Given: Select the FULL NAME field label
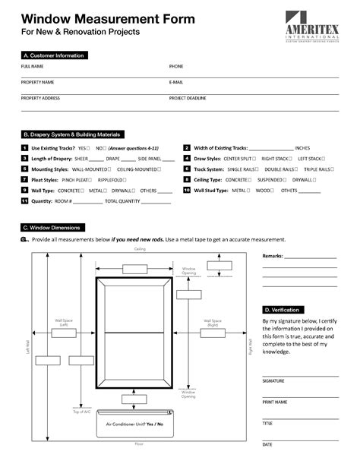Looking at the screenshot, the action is [x=32, y=67].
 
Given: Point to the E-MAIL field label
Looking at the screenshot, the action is [x=176, y=82].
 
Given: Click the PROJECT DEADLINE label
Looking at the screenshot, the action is [x=188, y=98].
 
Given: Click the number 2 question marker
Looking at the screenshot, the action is [x=186, y=148].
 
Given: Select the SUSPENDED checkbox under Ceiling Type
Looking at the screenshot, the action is [x=286, y=180].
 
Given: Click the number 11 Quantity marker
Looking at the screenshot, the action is [x=25, y=201].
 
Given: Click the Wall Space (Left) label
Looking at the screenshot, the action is [x=64, y=323].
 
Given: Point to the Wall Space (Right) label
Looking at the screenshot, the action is [x=213, y=323].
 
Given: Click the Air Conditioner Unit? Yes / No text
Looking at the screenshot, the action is [x=134, y=423].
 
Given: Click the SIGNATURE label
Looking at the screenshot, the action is [x=273, y=380].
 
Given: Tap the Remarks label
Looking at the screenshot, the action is [x=273, y=257].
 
